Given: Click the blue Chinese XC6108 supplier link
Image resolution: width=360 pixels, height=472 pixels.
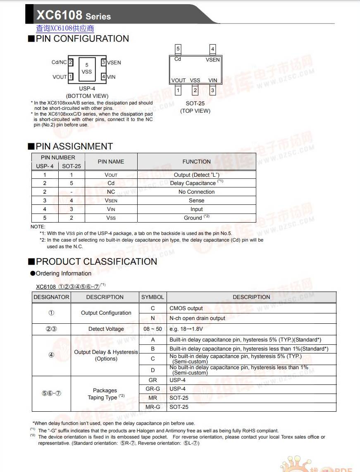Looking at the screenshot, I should (x=65, y=28).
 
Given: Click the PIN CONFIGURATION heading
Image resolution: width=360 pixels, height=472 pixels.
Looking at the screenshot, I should (x=82, y=39).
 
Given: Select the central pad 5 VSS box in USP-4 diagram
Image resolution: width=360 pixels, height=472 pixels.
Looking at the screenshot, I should (x=87, y=69).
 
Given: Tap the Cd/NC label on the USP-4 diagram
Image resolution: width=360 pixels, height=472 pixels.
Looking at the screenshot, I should (x=59, y=62).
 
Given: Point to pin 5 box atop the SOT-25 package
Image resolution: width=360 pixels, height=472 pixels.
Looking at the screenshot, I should (x=178, y=49).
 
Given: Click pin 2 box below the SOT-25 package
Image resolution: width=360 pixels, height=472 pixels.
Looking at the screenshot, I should (x=195, y=90).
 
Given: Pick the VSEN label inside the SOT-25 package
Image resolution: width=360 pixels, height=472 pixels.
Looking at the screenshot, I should (x=213, y=60).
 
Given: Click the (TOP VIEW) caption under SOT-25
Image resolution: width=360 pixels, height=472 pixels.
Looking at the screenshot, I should (x=195, y=111).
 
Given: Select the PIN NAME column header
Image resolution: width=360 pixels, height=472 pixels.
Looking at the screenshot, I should (x=111, y=161).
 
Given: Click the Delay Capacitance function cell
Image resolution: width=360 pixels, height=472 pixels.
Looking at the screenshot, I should (x=196, y=183).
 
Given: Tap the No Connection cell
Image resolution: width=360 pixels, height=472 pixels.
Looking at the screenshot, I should (x=196, y=192).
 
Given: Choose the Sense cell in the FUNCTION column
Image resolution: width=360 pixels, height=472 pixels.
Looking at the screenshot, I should (x=196, y=200).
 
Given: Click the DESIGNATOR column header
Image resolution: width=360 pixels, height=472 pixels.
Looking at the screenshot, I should (x=52, y=297).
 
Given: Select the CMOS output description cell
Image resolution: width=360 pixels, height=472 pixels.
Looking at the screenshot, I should (x=186, y=308).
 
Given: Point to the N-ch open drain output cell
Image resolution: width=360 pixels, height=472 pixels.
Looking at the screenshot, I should (x=197, y=318).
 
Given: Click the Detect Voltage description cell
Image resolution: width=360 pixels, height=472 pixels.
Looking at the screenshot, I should (x=106, y=329).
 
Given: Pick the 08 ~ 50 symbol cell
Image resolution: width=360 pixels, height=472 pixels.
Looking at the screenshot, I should (x=153, y=329).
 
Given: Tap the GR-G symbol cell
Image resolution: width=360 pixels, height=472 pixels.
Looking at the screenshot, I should (x=153, y=389).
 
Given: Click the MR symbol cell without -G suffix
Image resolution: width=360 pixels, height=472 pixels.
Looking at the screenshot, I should (x=153, y=398).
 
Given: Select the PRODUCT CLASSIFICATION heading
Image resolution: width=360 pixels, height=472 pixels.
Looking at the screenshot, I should (x=96, y=262).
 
